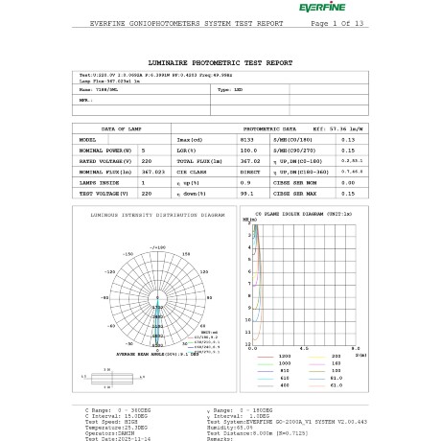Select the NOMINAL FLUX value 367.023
[152, 172]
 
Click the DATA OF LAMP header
[122, 128]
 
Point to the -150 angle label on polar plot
[128, 254]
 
